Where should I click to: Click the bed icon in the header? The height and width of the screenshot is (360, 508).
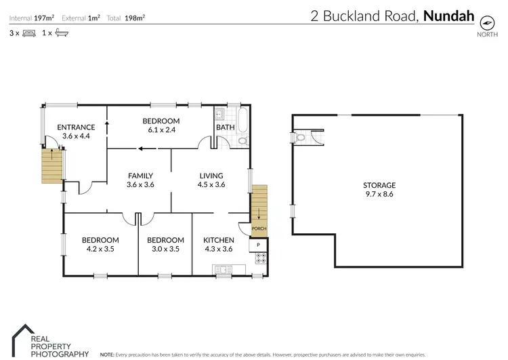(x=28, y=33)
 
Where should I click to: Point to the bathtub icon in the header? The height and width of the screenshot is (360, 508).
(x=60, y=33)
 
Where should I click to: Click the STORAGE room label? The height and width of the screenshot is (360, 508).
(x=379, y=185)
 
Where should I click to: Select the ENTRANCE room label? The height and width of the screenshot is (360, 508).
(x=75, y=127)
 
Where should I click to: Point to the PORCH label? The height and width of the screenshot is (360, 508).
(x=259, y=228)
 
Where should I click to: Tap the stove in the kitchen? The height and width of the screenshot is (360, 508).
(x=259, y=257)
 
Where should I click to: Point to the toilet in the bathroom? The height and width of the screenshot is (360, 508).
(x=242, y=140)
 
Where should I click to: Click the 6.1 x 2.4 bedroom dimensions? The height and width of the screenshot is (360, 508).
(x=161, y=129)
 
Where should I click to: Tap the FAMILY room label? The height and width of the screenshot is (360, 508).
(x=140, y=176)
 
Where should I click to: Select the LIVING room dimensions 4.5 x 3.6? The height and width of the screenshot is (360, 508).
(x=210, y=184)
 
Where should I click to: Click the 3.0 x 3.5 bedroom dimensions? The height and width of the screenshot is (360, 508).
(x=165, y=249)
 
